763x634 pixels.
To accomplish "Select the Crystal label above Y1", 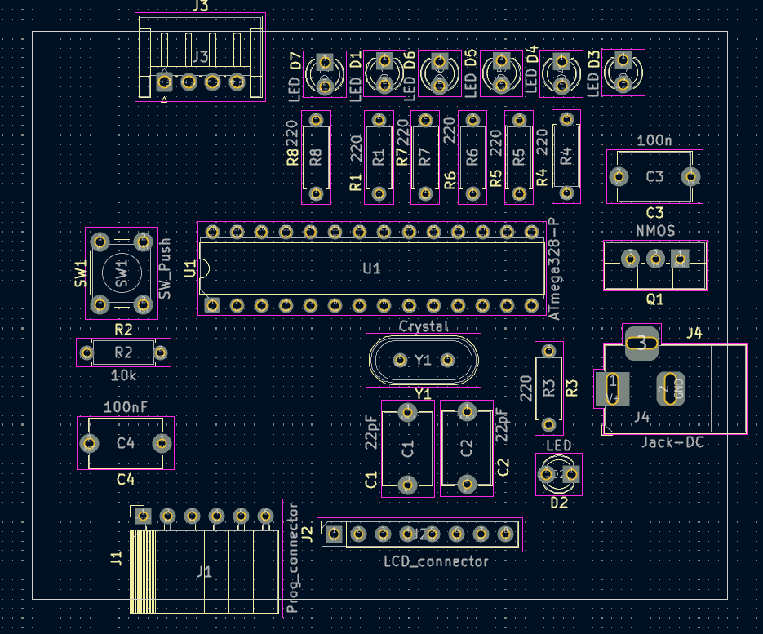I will coord(424,326).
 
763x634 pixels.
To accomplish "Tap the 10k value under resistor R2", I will coord(123,376).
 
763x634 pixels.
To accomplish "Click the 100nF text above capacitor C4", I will coord(125,406).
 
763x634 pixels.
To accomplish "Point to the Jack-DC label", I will coord(672,442).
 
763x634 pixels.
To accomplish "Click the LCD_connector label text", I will coord(436,561).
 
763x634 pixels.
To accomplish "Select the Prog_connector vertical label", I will coord(294,558).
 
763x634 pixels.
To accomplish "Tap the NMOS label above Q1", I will coord(655,231).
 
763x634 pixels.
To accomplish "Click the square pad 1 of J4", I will coord(612,388).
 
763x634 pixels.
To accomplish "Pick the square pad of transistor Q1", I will coord(680,259).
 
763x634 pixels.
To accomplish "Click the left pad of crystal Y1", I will coord(401,360).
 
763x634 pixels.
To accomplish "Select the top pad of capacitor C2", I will coord(467,410).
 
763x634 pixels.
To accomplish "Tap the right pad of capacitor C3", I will coord(691,176).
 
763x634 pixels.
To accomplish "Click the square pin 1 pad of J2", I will coord(333,534).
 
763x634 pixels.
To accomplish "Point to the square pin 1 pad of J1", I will coord(144,516).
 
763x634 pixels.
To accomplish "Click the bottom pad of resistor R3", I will coord(548,425).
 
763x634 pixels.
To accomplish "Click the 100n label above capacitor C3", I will coord(654,140).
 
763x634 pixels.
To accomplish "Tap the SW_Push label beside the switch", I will coord(166,268).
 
